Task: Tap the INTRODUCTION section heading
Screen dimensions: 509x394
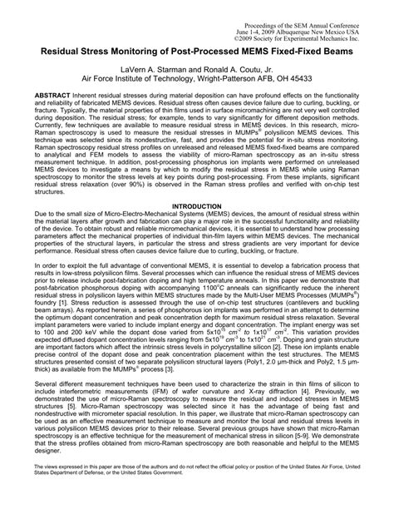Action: pos(196,228)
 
